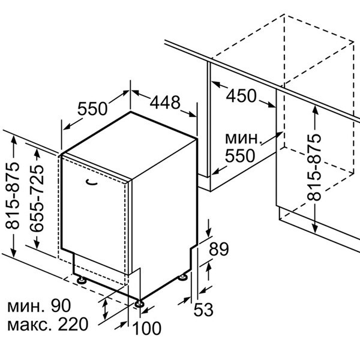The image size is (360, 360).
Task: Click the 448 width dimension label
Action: (x=164, y=103)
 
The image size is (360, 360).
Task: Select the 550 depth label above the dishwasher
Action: (x=92, y=109)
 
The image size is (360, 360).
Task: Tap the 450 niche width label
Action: (x=241, y=95)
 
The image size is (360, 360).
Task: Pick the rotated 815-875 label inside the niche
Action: (x=314, y=166)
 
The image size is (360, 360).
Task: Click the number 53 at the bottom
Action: (x=203, y=310)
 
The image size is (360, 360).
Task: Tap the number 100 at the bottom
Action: (x=148, y=328)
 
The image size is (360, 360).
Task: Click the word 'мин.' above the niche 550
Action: (x=244, y=139)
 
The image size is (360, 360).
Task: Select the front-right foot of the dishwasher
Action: (x=140, y=304)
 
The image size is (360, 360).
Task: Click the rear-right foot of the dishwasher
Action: (x=182, y=277)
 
